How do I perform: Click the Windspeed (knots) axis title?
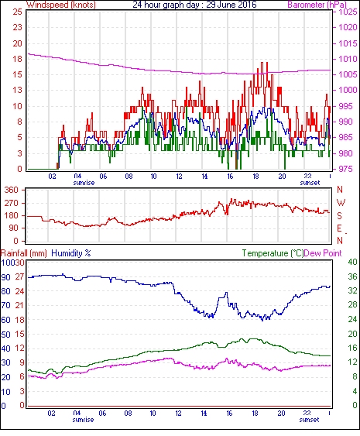click(61, 5)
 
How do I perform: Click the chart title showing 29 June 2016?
click(194, 5)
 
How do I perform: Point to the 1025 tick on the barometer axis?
click(348, 12)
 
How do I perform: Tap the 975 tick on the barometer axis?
click(346, 169)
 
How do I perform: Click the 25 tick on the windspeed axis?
click(18, 12)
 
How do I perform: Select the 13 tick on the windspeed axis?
click(18, 91)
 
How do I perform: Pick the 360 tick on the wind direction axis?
click(11, 191)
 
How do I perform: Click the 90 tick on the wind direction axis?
click(13, 228)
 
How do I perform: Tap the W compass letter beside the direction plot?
click(341, 203)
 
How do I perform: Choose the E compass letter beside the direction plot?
click(339, 228)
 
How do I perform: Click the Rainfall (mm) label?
click(24, 253)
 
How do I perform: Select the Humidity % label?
click(71, 253)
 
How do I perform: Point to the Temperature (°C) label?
click(273, 253)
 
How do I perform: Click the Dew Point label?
click(323, 253)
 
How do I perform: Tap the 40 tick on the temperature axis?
click(353, 263)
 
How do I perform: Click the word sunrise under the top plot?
click(84, 183)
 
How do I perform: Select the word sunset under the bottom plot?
click(310, 419)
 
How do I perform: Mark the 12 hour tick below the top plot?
click(179, 177)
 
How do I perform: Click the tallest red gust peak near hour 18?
click(262, 63)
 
